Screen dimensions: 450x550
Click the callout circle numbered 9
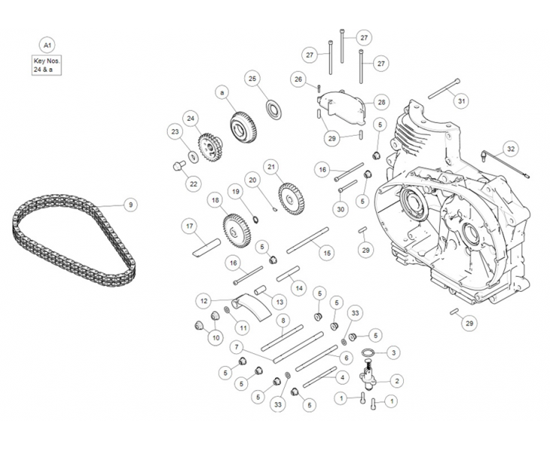pos(130,204)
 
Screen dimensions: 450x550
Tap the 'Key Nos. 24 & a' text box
pos(46,64)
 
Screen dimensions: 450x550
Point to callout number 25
pos(253,78)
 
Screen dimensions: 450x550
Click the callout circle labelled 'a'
pos(222,93)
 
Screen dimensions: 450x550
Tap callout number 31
pos(461,100)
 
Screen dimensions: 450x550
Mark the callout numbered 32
pos(510,148)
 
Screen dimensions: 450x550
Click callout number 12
pos(204,300)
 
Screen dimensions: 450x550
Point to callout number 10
pos(216,338)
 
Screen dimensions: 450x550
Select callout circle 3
pos(394,351)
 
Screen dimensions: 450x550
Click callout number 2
pos(396,381)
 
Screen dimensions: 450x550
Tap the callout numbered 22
pos(193,184)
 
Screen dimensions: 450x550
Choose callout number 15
pos(327,253)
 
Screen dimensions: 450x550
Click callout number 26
pos(298,79)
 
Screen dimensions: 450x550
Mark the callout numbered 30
pos(340,209)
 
